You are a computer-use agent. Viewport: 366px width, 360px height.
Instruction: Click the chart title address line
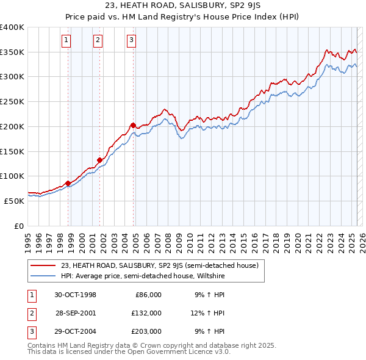(183, 5)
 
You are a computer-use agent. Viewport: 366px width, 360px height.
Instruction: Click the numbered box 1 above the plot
(66, 41)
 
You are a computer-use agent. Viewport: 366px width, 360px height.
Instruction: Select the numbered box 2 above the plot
(98, 41)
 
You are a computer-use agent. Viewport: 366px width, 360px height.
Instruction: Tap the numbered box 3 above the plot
(131, 41)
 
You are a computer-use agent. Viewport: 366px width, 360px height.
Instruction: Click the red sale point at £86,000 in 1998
(68, 182)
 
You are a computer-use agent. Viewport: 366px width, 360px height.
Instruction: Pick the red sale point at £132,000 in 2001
(99, 160)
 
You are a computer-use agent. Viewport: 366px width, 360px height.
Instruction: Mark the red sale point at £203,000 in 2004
(133, 125)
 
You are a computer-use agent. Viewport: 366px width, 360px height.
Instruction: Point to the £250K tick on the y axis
(12, 102)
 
